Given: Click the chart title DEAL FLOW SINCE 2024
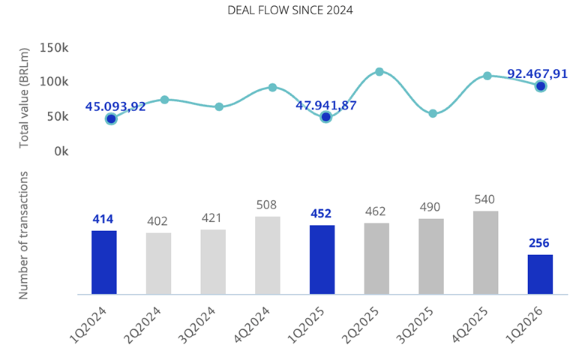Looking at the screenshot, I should pos(289,10).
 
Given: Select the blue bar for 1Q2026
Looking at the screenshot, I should pos(540,274).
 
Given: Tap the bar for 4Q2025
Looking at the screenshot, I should pos(485,253).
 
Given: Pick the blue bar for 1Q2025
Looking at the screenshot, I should pos(322,259).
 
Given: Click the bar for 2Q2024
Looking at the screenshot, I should pos(158,263).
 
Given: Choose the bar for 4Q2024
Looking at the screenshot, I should pos(268,255).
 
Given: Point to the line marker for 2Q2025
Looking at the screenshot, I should pos(379,72).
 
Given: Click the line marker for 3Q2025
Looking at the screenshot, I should pos(433,113).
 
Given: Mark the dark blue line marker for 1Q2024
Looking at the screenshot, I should pos(111,118).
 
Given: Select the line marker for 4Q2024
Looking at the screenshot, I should pos(272,87).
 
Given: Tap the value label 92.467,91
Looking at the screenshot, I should pos(538,73).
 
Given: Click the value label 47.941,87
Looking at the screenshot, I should pos(326,106).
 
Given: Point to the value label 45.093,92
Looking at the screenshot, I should pos(115,106).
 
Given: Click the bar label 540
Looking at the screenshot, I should pos(485,200).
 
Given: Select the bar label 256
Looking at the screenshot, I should pos(540,244).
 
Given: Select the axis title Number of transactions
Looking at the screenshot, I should pos(24,235).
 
